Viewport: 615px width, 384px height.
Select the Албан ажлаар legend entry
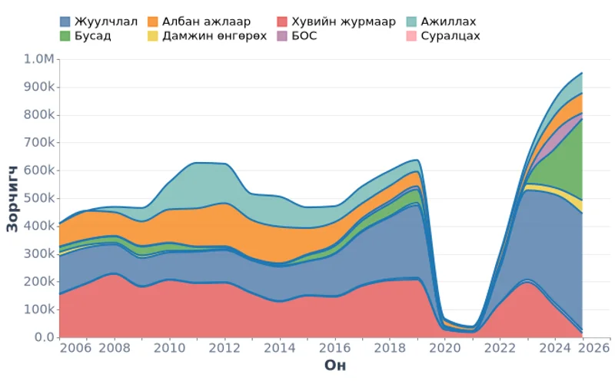coord(206,22)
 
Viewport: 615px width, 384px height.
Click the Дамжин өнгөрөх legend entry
coord(211,36)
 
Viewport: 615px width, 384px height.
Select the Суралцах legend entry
coord(450,36)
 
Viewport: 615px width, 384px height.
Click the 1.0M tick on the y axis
coord(38,60)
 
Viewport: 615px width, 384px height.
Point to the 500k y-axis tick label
coord(38,198)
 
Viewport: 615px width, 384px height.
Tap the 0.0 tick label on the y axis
coord(43,337)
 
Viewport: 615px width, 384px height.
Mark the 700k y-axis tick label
coord(38,143)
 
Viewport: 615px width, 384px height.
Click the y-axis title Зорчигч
coord(13,198)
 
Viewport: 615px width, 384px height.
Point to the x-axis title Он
coord(334,366)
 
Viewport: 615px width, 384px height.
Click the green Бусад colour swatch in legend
coord(65,36)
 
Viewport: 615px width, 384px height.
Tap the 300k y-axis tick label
coord(38,254)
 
